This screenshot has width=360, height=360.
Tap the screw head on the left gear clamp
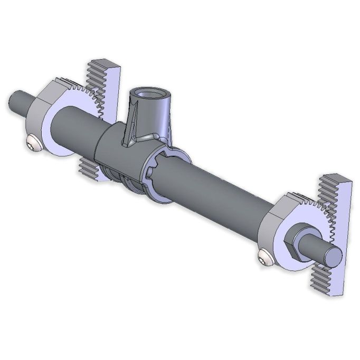tap(33, 143)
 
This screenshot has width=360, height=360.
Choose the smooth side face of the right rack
tap(346, 232)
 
